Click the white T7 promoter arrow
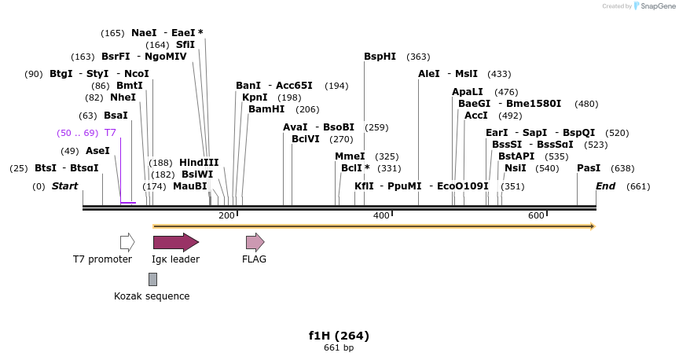point(127,242)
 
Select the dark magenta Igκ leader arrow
point(175,242)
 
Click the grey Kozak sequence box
point(152,279)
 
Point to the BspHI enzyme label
point(380,57)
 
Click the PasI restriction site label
point(589,168)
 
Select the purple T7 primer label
point(110,133)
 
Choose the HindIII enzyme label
point(199,162)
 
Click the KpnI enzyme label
point(255,97)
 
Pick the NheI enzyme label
point(123,97)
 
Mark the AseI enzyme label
point(97,151)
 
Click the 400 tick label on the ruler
point(381,216)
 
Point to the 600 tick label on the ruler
point(536,216)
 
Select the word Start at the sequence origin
point(65,186)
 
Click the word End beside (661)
point(605,186)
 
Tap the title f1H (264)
point(339,336)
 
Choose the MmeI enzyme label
point(350,156)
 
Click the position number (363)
point(418,57)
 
